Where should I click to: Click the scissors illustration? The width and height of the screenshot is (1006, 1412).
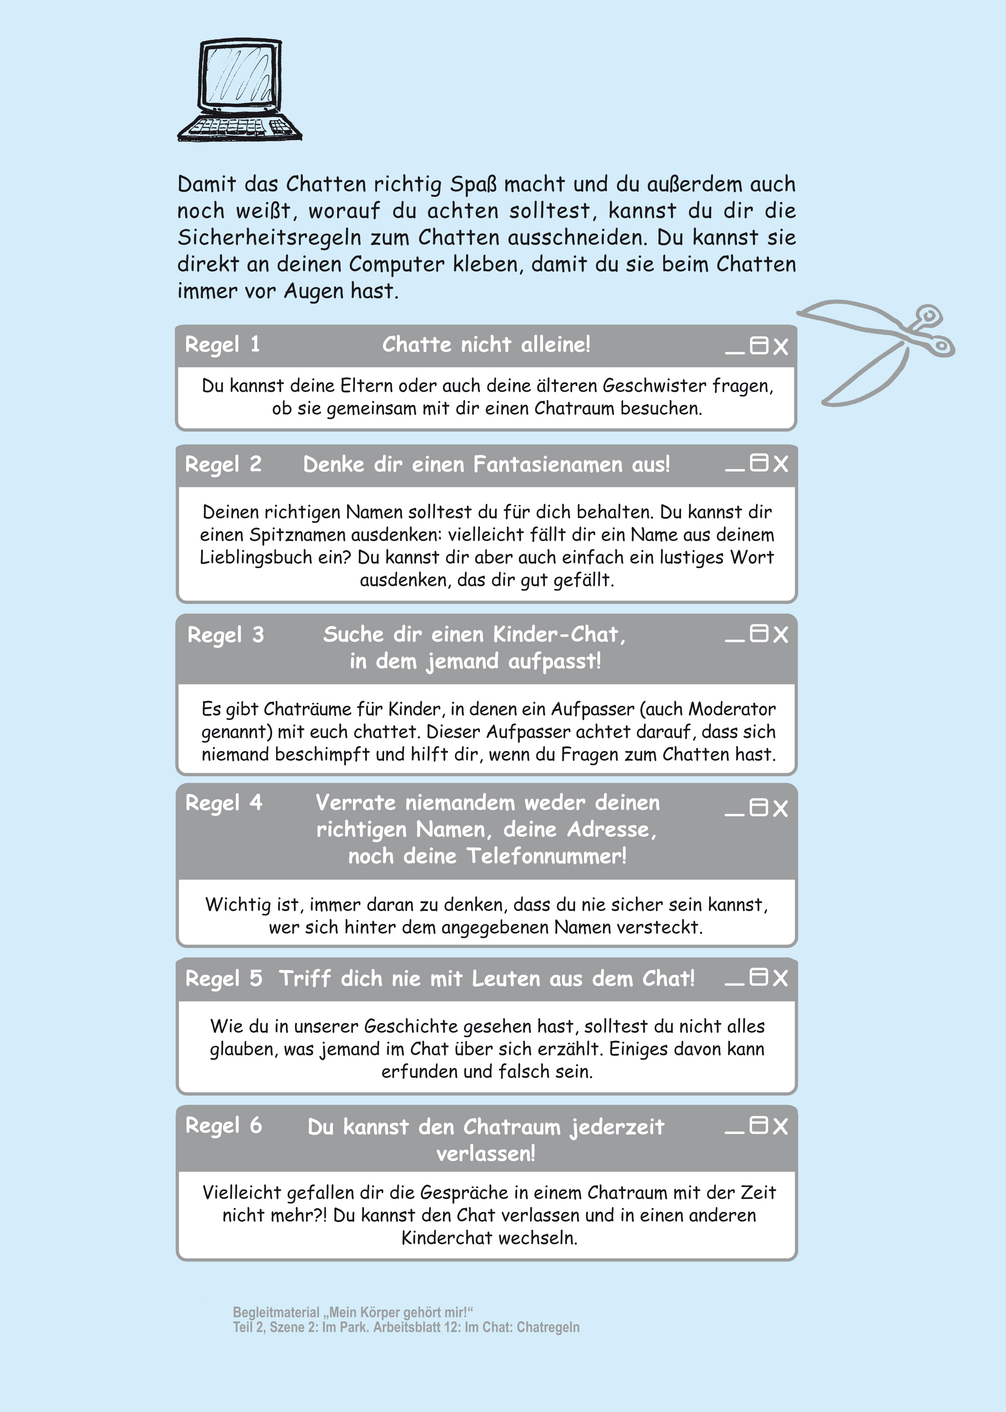tap(880, 350)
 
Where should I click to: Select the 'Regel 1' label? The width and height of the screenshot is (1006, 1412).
tap(222, 344)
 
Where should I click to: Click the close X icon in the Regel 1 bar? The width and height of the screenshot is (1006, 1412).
tap(780, 346)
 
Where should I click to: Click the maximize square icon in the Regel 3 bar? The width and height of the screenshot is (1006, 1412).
tap(759, 633)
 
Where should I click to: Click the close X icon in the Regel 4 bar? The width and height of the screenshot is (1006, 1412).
tap(780, 808)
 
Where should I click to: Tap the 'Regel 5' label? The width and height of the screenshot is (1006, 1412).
tap(223, 978)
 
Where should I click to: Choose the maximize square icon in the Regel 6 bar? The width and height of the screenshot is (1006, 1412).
tap(759, 1125)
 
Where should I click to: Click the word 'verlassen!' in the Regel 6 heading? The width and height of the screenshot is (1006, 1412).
tap(486, 1154)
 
